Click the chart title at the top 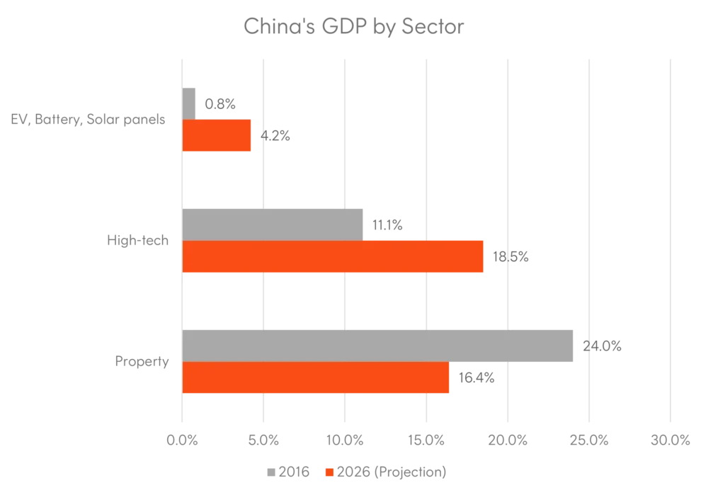point(355,26)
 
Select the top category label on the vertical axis point(91,119)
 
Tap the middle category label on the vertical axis point(139,241)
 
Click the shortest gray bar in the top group point(190,102)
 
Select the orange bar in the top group point(217,136)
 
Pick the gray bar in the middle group point(275,222)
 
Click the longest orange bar point(333,256)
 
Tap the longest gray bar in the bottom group point(379,346)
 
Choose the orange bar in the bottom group point(316,378)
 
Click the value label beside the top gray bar point(220,105)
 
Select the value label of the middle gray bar point(387,223)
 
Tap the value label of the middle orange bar point(512,258)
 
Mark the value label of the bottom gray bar point(600,346)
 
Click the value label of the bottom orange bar point(478,377)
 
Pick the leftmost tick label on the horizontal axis point(181,440)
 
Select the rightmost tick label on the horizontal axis point(669,440)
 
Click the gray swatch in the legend point(271,472)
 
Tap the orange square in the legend point(329,472)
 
